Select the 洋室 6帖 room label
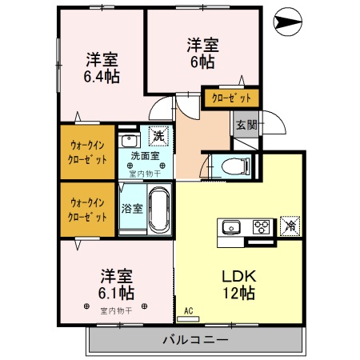[x=203, y=51]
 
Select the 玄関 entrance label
[x=246, y=125]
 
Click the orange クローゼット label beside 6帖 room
[x=230, y=98]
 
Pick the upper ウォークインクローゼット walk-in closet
[x=86, y=151]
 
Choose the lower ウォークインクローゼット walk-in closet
[x=86, y=210]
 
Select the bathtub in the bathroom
[x=159, y=210]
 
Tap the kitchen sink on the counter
[x=232, y=226]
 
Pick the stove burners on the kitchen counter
[x=261, y=226]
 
